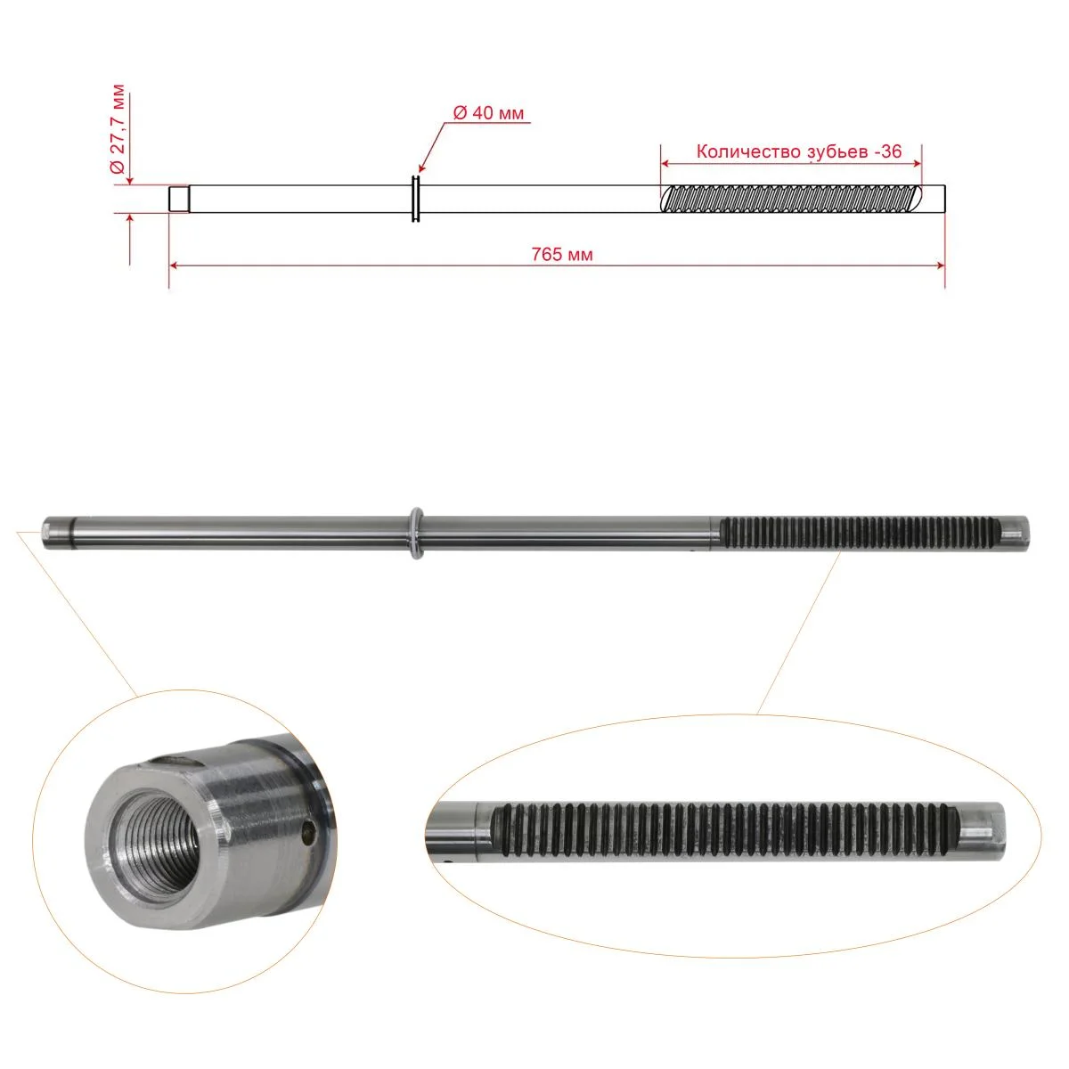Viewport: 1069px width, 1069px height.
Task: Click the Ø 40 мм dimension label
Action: click(x=488, y=112)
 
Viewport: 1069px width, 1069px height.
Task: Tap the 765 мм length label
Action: click(x=562, y=255)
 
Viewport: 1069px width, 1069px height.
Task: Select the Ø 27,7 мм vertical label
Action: click(x=118, y=130)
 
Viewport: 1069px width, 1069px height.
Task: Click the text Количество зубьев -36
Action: click(x=799, y=151)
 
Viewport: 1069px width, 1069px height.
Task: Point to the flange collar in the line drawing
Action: click(x=415, y=199)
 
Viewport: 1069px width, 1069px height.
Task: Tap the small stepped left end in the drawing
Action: click(x=179, y=199)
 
